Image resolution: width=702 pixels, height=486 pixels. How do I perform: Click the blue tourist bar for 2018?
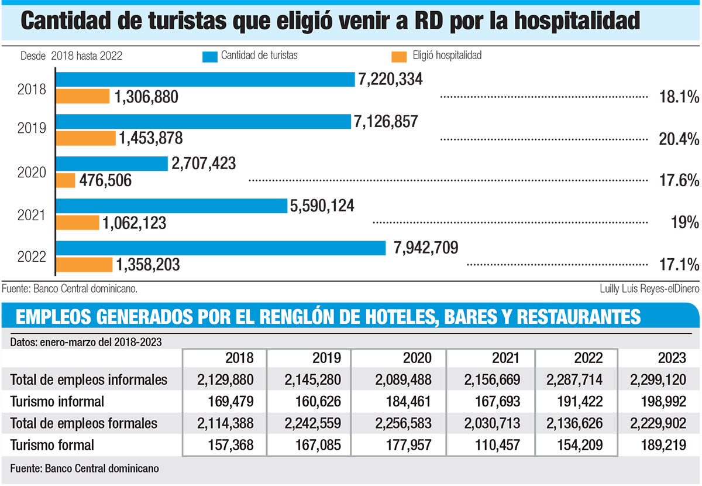pyautogui.click(x=205, y=80)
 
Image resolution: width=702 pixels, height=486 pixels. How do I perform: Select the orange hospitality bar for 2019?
pyautogui.click(x=86, y=138)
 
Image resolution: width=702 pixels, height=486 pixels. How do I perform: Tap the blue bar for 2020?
pyautogui.click(x=112, y=163)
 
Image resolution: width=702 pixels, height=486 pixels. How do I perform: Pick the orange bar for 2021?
pyautogui.click(x=78, y=223)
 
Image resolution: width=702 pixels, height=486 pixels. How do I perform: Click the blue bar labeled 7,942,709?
pyautogui.click(x=221, y=248)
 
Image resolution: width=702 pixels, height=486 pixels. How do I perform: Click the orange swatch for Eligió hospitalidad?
pyautogui.click(x=400, y=56)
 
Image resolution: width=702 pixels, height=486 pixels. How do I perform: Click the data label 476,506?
pyautogui.click(x=106, y=181)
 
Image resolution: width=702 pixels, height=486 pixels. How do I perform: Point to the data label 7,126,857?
pyautogui.click(x=386, y=121)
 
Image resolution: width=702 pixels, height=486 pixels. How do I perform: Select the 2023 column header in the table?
pyautogui.click(x=673, y=358)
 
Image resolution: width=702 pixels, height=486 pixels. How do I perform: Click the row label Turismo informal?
pyautogui.click(x=57, y=401)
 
